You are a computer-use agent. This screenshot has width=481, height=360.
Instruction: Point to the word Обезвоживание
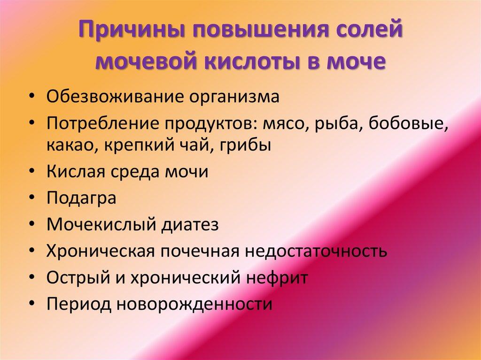[114, 96]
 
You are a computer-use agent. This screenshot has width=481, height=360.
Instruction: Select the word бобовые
[408, 123]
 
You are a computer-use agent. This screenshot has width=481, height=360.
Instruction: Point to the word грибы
[245, 145]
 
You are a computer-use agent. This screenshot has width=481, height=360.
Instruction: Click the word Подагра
[81, 198]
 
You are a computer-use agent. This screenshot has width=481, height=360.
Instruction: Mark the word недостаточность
[316, 251]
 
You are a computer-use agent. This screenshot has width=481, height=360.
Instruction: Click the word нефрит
[277, 277]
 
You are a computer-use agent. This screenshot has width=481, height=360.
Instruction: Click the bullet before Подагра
[32, 199]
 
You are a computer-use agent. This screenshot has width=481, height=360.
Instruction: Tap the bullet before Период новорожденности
[32, 305]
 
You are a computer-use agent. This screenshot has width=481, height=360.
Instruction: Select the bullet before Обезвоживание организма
[32, 97]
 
